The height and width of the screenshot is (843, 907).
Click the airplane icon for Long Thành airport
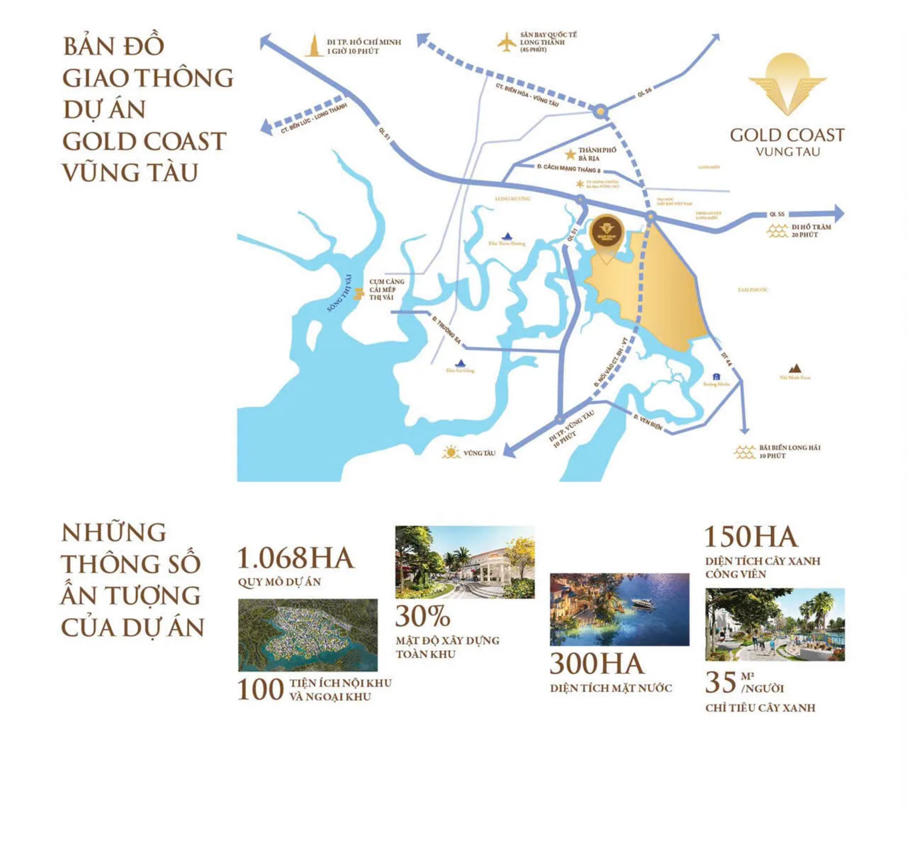pyautogui.click(x=506, y=42)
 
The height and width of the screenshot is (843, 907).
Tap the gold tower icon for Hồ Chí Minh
pyautogui.click(x=313, y=46)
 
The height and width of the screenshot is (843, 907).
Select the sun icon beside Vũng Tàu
pyautogui.click(x=450, y=452)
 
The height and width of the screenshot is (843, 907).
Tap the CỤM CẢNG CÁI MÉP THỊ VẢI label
pyautogui.click(x=386, y=289)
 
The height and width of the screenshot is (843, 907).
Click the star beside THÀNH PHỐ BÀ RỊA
pyautogui.click(x=570, y=155)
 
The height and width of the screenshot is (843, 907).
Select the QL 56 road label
pyautogui.click(x=645, y=92)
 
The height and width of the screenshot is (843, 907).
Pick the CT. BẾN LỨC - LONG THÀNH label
pyautogui.click(x=314, y=118)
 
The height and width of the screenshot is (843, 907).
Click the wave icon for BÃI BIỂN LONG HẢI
pyautogui.click(x=744, y=452)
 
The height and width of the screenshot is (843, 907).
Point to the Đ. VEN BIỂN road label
pyautogui.click(x=648, y=422)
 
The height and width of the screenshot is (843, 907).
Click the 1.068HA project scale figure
pyautogui.click(x=295, y=558)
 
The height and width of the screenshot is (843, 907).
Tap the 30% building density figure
pyautogui.click(x=423, y=616)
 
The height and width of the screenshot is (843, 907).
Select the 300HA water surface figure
pyautogui.click(x=597, y=664)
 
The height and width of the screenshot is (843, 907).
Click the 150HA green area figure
pyautogui.click(x=751, y=537)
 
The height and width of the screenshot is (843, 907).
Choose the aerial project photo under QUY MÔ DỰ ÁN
pyautogui.click(x=308, y=635)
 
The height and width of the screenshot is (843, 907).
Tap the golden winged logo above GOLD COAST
pyautogui.click(x=787, y=83)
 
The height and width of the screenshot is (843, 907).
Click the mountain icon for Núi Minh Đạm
pyautogui.click(x=795, y=369)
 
